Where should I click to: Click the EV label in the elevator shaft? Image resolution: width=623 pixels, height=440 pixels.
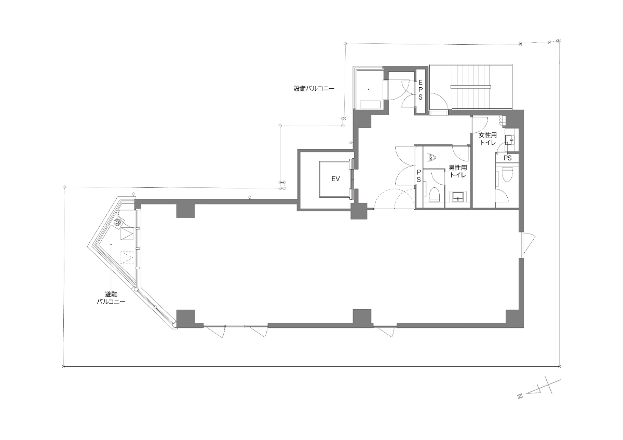pyautogui.click(x=336, y=179)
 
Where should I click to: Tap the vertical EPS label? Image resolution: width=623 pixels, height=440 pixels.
pyautogui.click(x=420, y=90)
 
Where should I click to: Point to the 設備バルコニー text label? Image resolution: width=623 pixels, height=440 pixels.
pyautogui.click(x=314, y=89)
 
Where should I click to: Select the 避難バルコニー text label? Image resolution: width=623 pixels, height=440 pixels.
pyautogui.click(x=111, y=298)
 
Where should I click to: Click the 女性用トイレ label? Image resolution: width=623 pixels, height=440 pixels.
pyautogui.click(x=488, y=139)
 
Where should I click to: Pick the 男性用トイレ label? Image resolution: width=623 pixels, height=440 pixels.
pyautogui.click(x=458, y=171)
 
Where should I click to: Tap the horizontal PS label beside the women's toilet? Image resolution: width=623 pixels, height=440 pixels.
pyautogui.click(x=508, y=158)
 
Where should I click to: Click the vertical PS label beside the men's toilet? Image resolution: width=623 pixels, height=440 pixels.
pyautogui.click(x=418, y=176)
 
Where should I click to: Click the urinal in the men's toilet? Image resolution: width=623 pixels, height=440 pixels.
pyautogui.click(x=431, y=158)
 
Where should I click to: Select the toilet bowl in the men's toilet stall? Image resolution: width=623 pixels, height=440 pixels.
pyautogui.click(x=435, y=195)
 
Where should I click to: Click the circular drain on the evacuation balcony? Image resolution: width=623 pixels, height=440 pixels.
pyautogui.click(x=118, y=223)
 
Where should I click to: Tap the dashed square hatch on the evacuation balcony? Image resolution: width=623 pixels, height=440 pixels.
pyautogui.click(x=127, y=258)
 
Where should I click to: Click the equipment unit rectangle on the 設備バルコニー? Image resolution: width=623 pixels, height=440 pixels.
pyautogui.click(x=370, y=104)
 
